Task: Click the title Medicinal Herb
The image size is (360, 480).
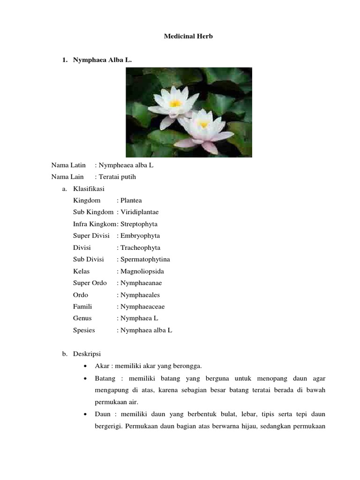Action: click(188, 36)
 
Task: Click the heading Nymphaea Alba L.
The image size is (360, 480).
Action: click(99, 60)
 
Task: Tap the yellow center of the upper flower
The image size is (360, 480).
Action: click(175, 103)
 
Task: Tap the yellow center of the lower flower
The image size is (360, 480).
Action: click(203, 124)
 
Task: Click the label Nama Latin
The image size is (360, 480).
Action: click(68, 165)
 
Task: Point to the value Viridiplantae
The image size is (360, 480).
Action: click(140, 212)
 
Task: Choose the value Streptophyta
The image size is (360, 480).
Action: click(139, 224)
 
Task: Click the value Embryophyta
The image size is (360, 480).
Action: click(140, 236)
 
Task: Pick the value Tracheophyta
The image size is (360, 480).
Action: click(140, 247)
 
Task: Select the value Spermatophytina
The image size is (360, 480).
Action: click(145, 259)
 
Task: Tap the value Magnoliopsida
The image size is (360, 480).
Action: click(142, 271)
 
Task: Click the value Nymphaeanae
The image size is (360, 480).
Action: click(141, 283)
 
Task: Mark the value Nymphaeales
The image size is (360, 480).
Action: click(140, 295)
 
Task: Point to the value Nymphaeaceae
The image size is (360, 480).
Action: click(142, 307)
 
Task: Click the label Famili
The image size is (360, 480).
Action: click(82, 307)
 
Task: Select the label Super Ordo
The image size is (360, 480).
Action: click(90, 283)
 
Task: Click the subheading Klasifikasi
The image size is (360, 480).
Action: click(89, 188)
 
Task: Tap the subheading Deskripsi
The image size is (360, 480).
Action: click(87, 353)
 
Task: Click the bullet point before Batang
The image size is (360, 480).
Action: click(84, 378)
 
